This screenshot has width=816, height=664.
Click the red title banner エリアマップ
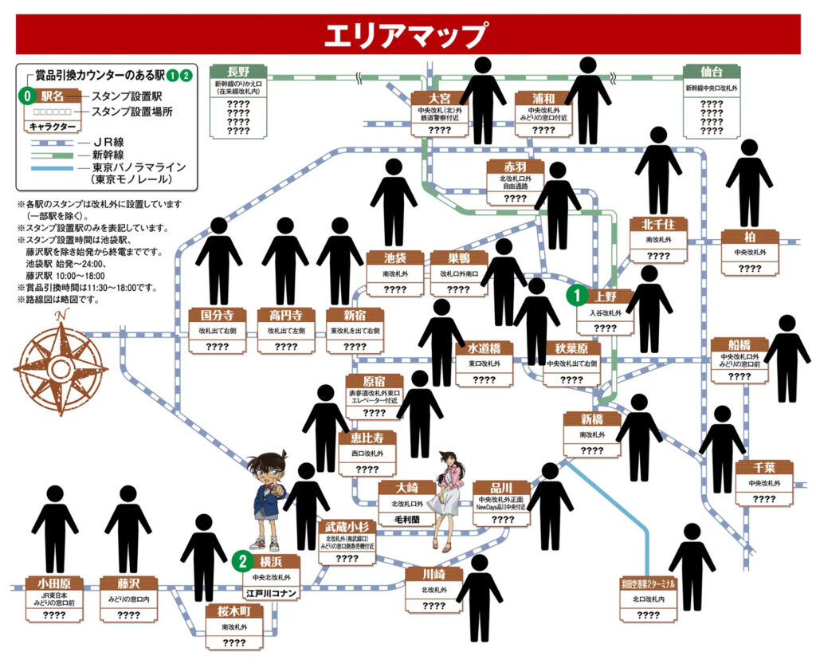click(407, 34)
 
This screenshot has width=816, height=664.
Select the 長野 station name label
click(238, 71)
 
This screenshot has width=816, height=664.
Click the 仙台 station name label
click(711, 72)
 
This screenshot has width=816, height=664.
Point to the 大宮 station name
click(439, 99)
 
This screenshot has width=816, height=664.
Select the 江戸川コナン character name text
click(272, 593)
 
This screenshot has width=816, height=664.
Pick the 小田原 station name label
click(54, 583)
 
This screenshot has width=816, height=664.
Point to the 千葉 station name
click(763, 467)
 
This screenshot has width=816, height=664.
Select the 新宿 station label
click(355, 316)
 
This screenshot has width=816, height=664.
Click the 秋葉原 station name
click(571, 348)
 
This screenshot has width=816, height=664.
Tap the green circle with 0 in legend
click(28, 96)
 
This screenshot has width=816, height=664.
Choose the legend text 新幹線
click(108, 155)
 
